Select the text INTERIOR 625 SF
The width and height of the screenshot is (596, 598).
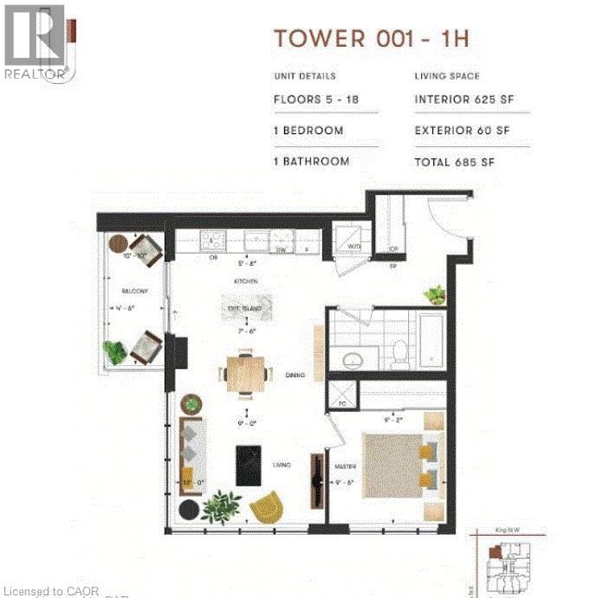pos(464,100)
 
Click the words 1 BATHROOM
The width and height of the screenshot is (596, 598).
pos(312,162)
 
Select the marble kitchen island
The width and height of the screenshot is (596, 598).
pos(249,309)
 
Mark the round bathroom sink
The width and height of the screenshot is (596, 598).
pos(354,358)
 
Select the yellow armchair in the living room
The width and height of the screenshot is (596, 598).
pos(266,506)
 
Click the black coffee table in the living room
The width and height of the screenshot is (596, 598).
pos(249,465)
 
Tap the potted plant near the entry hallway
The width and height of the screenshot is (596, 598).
pos(434,295)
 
